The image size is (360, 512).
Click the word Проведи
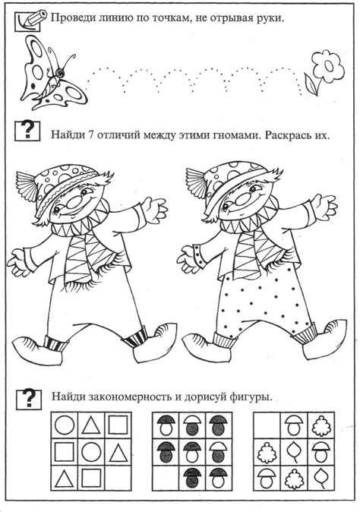click(73, 18)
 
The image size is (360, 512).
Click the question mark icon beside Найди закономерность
click(28, 397)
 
